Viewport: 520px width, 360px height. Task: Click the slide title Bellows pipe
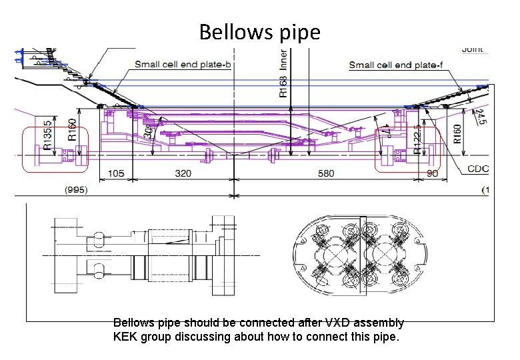click(x=259, y=32)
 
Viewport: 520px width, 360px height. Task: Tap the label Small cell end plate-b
click(x=183, y=64)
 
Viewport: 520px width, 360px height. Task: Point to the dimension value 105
click(x=115, y=173)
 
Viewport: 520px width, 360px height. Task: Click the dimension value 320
click(x=183, y=173)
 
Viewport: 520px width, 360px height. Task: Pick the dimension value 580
click(x=326, y=173)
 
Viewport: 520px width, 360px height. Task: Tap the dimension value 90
click(x=431, y=173)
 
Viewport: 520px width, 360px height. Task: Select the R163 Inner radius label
click(x=283, y=73)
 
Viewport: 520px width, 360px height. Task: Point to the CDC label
click(x=478, y=169)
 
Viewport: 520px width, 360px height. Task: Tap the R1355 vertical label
click(x=47, y=135)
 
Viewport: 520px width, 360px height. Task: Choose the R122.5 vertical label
click(x=417, y=139)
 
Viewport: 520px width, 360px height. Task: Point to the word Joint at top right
click(x=473, y=49)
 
